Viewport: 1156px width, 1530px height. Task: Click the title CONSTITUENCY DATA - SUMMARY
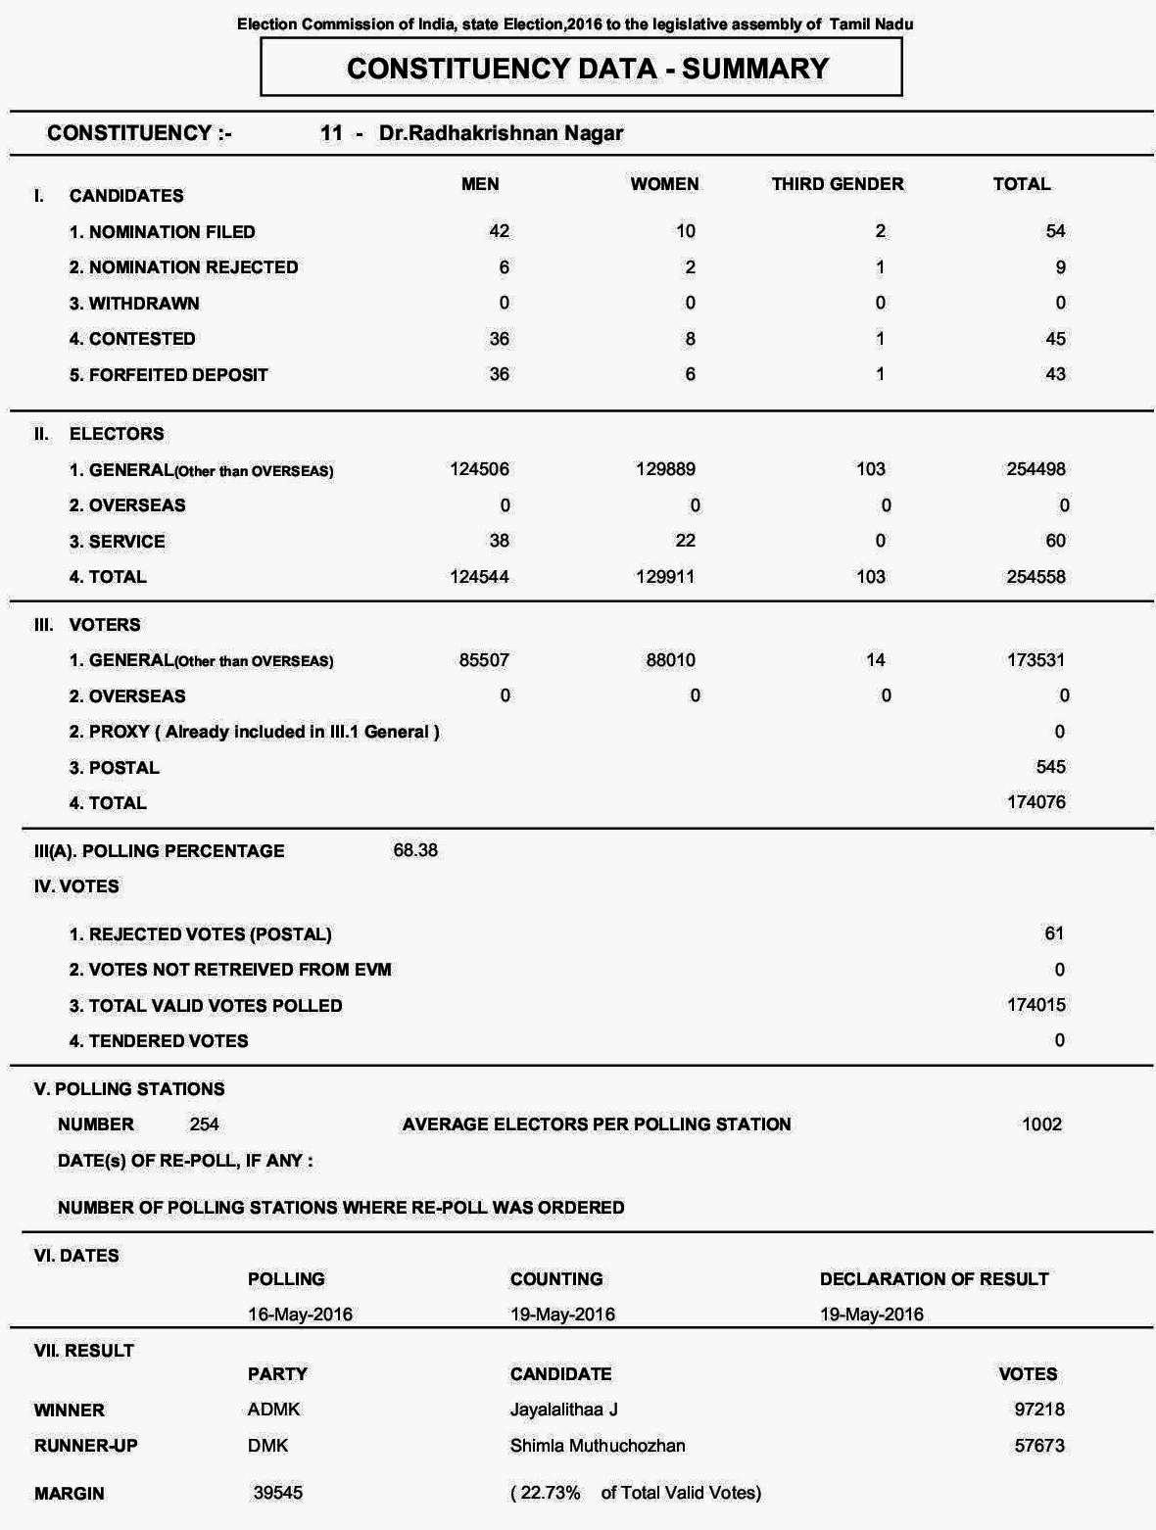tap(588, 69)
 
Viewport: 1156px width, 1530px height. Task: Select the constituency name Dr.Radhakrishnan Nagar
tap(501, 133)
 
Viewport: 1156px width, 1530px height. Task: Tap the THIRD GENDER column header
tap(837, 184)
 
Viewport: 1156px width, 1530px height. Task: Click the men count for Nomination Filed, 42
tap(499, 231)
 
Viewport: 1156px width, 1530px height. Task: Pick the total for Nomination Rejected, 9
tap(1060, 267)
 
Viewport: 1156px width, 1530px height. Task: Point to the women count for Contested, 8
tap(690, 339)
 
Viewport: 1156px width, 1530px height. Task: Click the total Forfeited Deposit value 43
tap(1055, 374)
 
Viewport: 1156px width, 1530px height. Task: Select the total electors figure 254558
tap(1036, 577)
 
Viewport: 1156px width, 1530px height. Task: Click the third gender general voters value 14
tap(875, 660)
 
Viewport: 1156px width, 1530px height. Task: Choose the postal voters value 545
tap(1050, 767)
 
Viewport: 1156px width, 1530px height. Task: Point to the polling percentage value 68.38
tap(415, 850)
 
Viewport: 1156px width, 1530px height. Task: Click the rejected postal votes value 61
tap(1053, 933)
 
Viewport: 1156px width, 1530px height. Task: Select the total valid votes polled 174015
tap(1036, 1005)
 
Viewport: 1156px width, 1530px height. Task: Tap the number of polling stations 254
tap(204, 1124)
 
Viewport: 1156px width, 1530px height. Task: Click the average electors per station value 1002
tap(1041, 1124)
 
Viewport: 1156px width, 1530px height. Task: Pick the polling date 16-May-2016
tap(300, 1315)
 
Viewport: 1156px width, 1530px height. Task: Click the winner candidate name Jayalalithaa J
tap(563, 1410)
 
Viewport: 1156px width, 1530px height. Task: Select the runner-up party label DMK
tap(267, 1446)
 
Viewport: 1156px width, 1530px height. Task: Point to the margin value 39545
tap(278, 1493)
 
